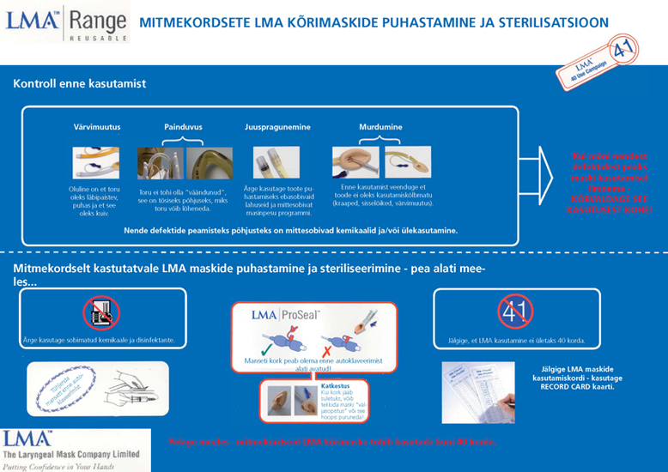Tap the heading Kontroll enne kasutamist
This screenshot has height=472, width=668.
pyautogui.click(x=79, y=83)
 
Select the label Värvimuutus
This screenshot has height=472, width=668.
pyautogui.click(x=96, y=127)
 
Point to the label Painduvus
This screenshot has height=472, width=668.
pyautogui.click(x=183, y=127)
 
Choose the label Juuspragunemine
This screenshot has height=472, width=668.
pyautogui.click(x=276, y=127)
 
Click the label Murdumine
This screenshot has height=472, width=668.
pyautogui.click(x=380, y=127)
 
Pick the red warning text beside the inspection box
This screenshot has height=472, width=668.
pyautogui.click(x=610, y=182)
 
